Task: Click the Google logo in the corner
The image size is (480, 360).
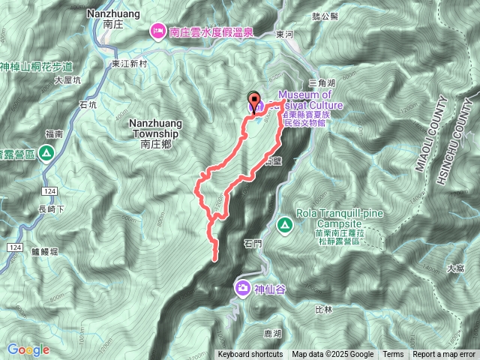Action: pos(28,349)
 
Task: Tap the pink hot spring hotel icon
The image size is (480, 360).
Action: pos(158,31)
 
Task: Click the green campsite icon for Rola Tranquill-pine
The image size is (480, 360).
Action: pos(285,224)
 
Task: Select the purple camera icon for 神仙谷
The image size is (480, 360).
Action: pos(243,287)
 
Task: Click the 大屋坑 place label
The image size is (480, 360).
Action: pos(67,79)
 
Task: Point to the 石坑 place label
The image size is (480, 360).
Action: pos(88,106)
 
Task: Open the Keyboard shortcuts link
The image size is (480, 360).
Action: pos(250,355)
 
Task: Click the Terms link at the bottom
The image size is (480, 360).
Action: pos(393,355)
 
